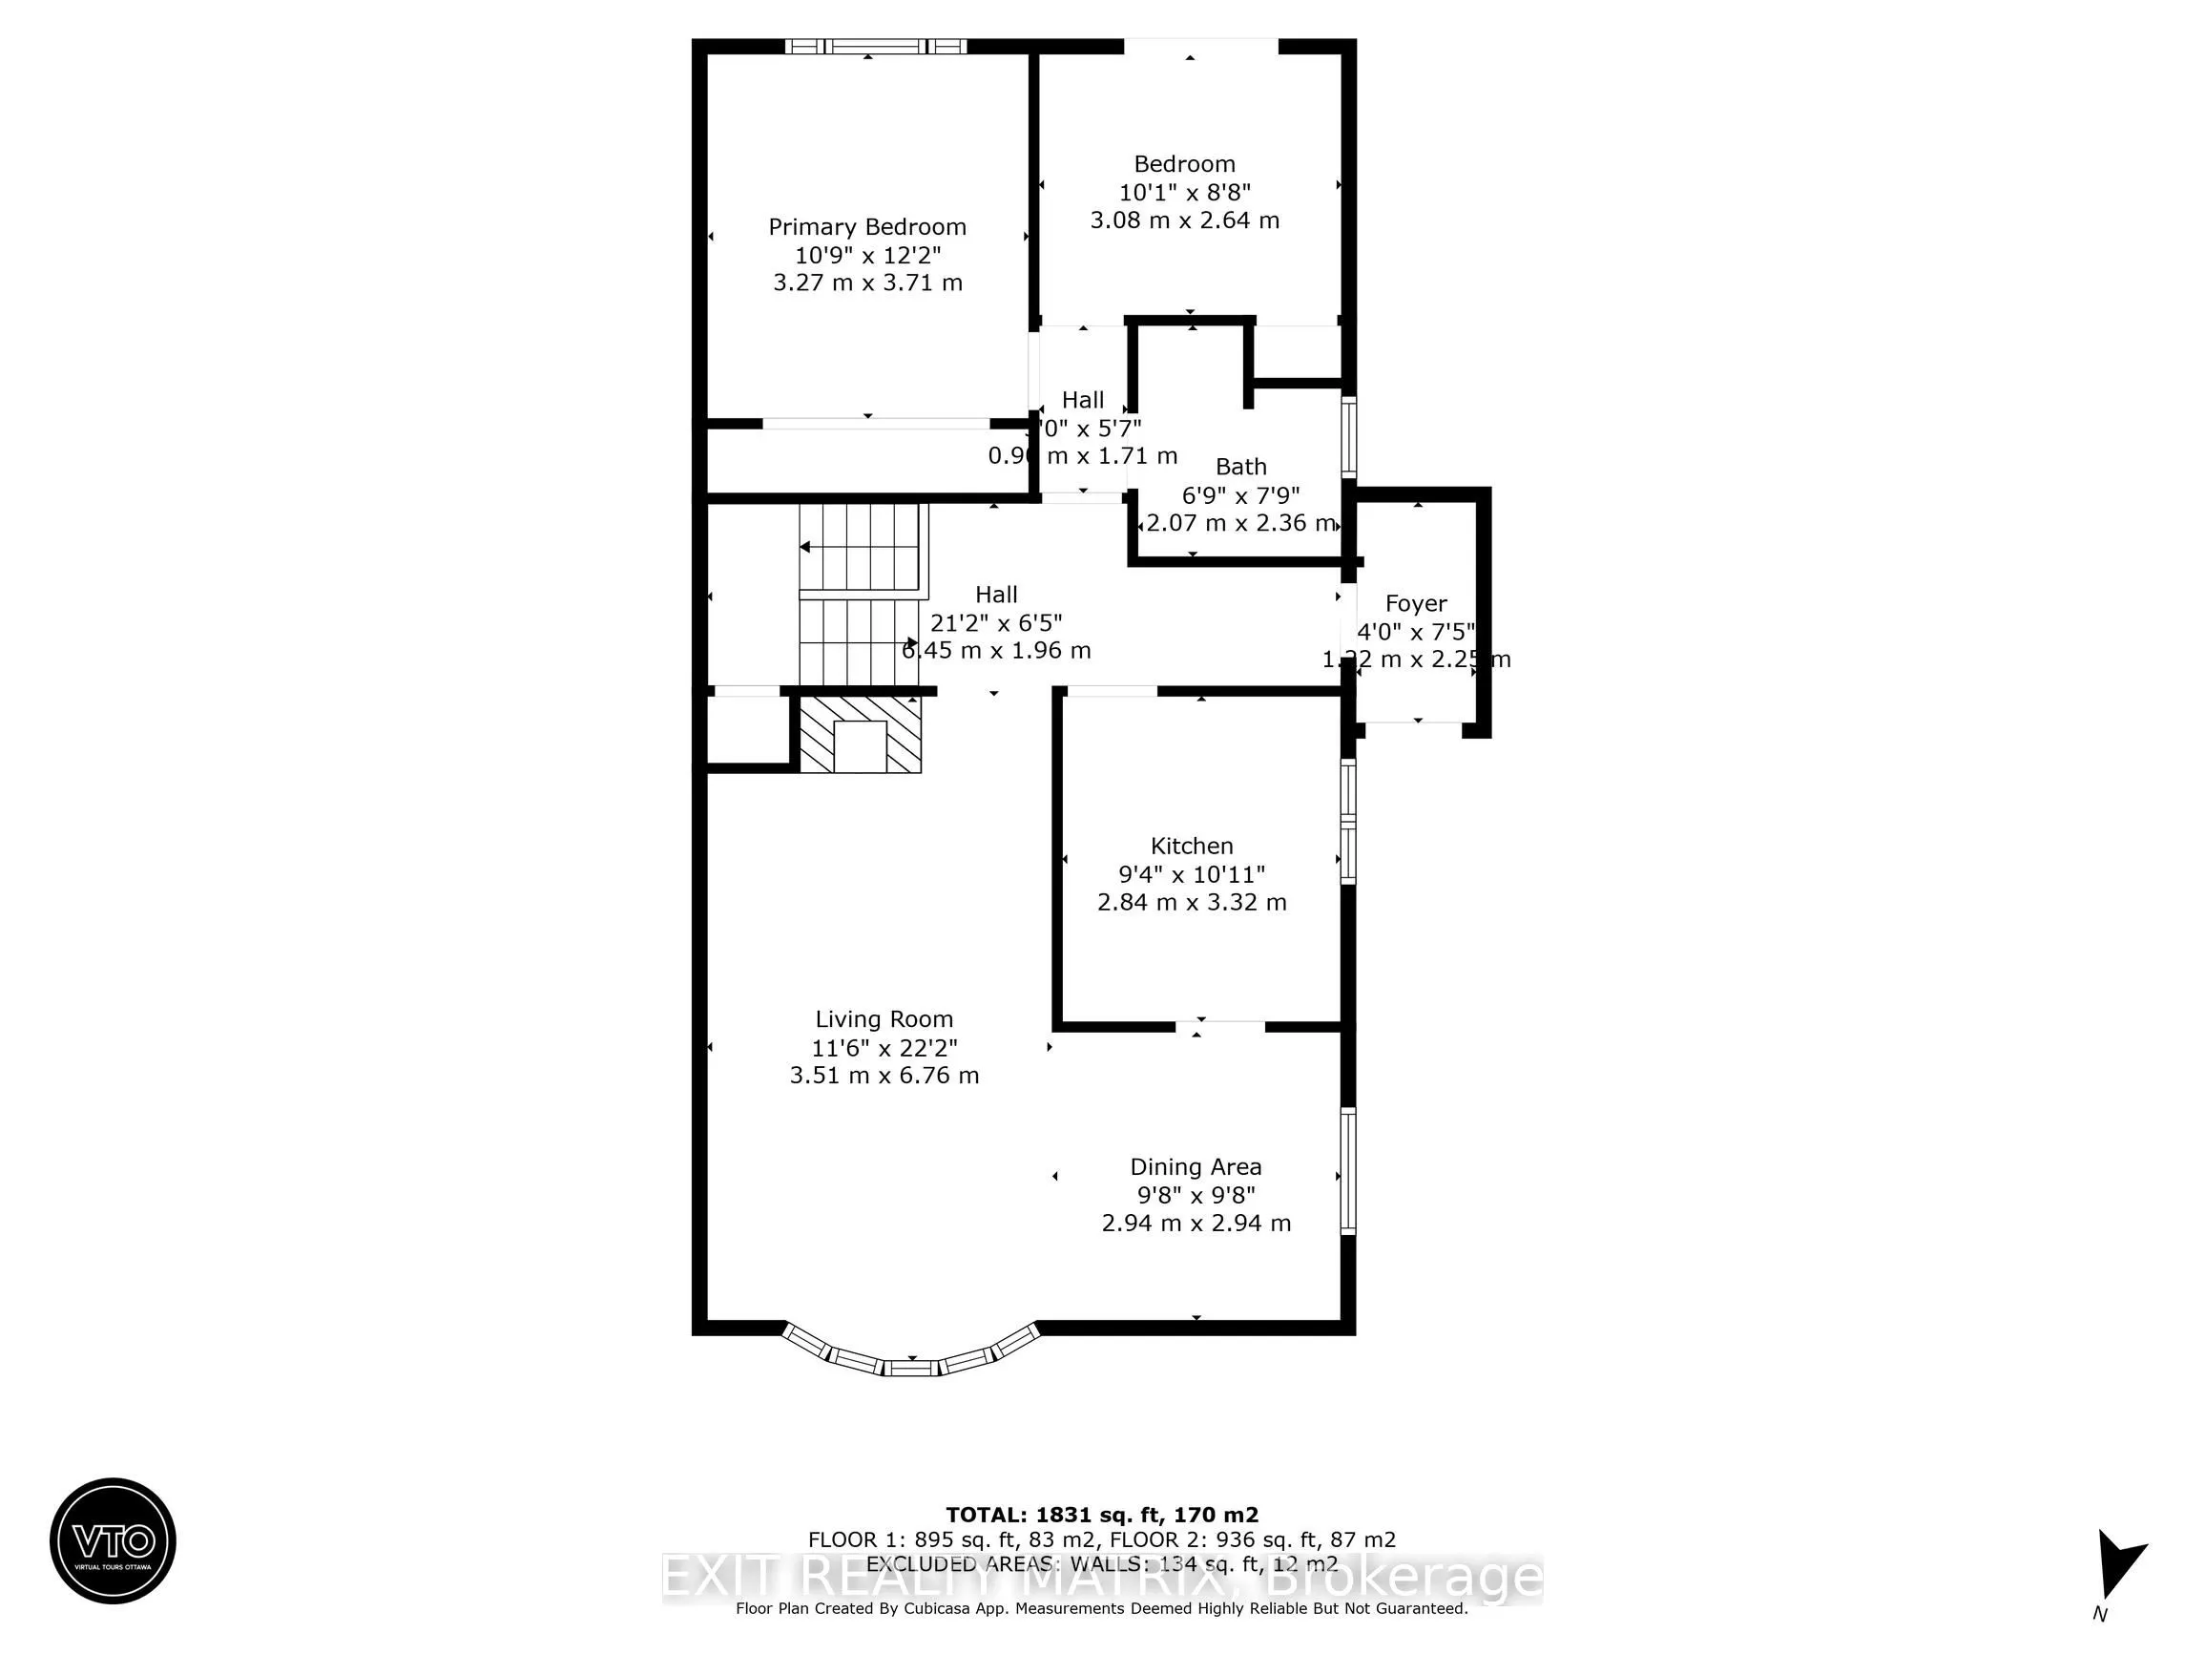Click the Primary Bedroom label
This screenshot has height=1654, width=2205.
(866, 227)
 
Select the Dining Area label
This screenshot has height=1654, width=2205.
(1196, 1166)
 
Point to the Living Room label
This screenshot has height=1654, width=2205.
(884, 1019)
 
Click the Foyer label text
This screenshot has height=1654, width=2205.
(1416, 603)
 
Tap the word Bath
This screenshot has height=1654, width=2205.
(1240, 467)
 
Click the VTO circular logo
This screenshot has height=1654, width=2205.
(113, 1540)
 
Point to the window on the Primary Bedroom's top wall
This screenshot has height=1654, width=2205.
(874, 46)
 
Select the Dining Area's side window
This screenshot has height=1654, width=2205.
(1348, 1171)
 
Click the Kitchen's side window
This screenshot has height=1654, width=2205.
(1348, 821)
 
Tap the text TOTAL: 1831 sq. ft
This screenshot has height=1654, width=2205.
(1101, 1515)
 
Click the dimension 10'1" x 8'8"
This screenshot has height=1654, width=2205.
(1184, 193)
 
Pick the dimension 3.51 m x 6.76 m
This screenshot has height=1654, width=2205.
(884, 1076)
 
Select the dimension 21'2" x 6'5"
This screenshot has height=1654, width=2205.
(995, 623)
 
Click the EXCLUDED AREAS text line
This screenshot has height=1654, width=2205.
(1101, 1564)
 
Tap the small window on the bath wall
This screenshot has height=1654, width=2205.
(1348, 437)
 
